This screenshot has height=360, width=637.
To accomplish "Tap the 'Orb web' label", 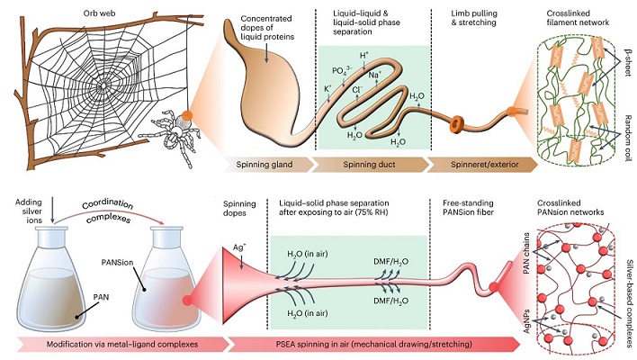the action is [99, 13].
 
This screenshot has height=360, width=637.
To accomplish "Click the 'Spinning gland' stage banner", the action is [267, 165].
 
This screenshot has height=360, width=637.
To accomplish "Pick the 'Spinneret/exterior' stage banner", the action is [484, 165].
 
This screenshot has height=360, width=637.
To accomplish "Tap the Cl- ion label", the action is [357, 90].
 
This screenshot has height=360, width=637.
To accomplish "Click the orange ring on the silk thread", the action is [457, 124].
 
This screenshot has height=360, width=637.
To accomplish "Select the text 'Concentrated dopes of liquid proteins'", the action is [267, 28].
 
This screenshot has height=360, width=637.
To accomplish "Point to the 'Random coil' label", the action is [628, 138].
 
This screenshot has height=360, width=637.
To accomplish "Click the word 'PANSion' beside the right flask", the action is [117, 263].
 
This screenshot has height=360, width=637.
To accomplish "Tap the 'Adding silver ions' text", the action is [29, 211].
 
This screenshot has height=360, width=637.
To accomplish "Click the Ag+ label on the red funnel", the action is [239, 247].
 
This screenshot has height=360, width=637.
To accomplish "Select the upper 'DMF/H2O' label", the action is [390, 262].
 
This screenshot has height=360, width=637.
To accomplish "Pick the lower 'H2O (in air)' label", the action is [307, 313].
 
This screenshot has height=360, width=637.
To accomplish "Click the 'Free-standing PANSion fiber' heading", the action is [468, 207].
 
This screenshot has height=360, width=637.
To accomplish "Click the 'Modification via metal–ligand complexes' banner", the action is [121, 344].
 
